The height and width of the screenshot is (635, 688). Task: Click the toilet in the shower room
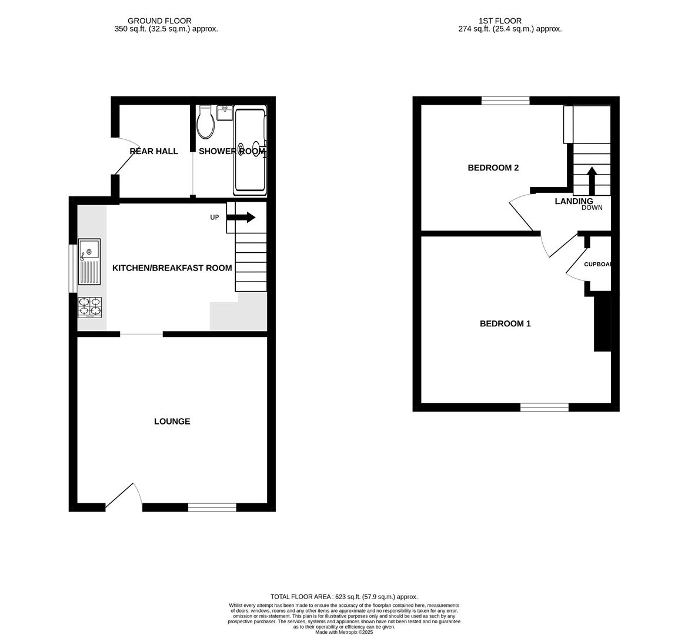coord(206,122)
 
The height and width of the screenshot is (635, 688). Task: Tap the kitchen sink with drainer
coord(89,261)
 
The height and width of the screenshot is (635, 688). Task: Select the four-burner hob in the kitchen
coord(89,308)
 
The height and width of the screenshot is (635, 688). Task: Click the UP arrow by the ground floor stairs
coord(241,218)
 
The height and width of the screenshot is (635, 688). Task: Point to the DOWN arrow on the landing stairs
coord(592,181)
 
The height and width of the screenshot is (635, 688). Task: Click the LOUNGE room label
coord(172,422)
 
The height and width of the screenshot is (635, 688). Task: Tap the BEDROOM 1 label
coord(505,323)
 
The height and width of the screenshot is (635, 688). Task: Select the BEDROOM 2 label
coord(493,168)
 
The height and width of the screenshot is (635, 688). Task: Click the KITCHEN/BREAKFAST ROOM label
coord(172,268)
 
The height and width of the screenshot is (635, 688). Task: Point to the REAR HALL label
coord(153,151)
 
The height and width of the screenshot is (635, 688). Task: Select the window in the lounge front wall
coord(212,507)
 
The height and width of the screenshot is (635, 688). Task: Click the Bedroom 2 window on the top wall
coord(505,101)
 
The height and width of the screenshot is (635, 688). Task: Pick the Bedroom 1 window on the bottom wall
coord(544,407)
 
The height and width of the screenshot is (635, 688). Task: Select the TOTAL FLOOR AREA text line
coord(344,596)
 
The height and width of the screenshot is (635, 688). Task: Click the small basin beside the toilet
coord(225,112)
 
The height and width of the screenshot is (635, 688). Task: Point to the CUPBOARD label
coord(597,264)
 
